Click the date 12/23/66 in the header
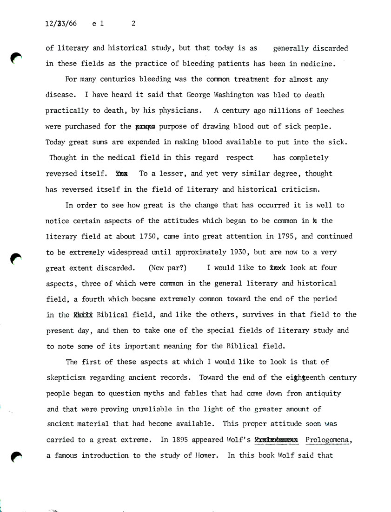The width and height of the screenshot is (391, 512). pos(61,25)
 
